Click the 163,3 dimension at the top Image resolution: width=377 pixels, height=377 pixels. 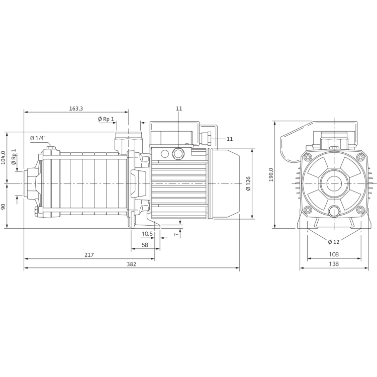75,108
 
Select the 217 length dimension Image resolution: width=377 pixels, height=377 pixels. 89,255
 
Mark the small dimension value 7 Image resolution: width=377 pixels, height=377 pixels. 177,233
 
